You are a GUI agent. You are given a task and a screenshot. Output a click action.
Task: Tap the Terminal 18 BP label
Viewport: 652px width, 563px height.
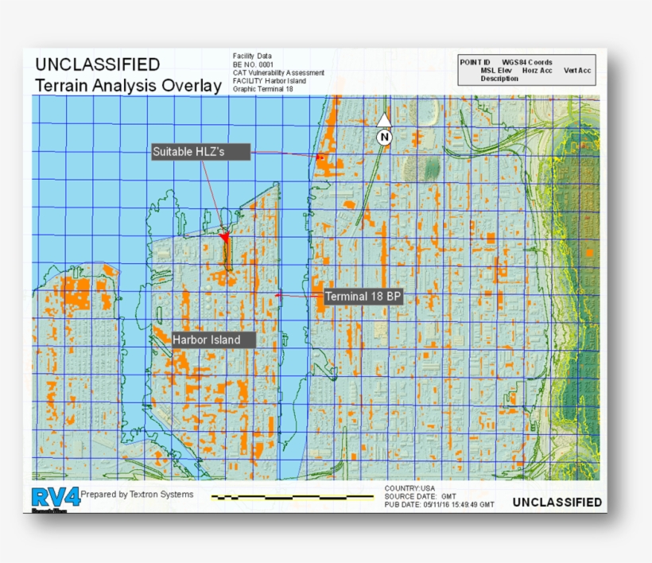[x=364, y=297]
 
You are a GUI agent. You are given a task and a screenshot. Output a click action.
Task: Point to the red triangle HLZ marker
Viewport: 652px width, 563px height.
[x=224, y=237]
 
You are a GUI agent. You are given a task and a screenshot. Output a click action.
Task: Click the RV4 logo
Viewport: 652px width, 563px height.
[x=56, y=498]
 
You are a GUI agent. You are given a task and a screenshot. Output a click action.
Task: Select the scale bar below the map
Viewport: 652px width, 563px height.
[x=293, y=497]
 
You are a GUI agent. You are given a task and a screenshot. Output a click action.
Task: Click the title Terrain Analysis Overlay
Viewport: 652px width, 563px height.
[x=128, y=86]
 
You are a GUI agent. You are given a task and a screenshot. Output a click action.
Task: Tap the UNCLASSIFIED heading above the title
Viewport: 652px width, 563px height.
[x=97, y=64]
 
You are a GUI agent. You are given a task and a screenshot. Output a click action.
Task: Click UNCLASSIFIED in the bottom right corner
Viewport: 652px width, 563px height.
[x=557, y=502]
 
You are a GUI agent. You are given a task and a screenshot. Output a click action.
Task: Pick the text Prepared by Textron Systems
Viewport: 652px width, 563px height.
[x=137, y=495]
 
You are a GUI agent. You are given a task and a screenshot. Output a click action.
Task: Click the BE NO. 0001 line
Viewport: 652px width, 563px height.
[x=254, y=64]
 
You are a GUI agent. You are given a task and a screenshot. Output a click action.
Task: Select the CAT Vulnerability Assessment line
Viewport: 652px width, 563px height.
[x=278, y=72]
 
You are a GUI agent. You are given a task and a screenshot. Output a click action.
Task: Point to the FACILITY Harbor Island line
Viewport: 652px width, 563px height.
[x=269, y=81]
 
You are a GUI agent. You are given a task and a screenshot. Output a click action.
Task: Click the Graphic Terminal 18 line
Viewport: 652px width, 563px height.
[x=263, y=89]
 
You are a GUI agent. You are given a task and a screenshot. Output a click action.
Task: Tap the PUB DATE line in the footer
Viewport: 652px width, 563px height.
[x=439, y=504]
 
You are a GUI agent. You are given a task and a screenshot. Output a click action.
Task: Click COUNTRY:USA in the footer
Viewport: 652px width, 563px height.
[x=409, y=488]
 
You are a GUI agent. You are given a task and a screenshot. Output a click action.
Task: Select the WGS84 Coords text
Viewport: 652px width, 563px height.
[x=526, y=62]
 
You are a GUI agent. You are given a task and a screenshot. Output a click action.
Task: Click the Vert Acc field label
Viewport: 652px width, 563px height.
[x=577, y=71]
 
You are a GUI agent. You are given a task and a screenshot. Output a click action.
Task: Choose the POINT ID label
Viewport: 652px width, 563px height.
[x=475, y=62]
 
